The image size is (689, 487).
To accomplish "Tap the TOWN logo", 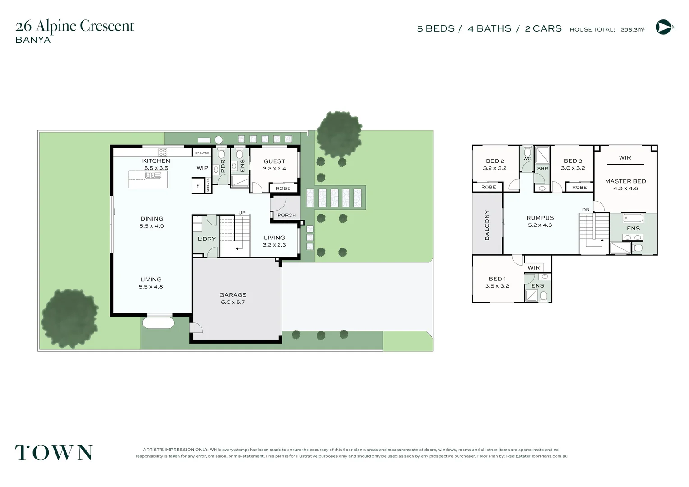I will click(54, 452).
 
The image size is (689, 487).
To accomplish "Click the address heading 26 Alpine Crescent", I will click(75, 26).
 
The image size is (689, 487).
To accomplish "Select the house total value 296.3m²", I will click(633, 30).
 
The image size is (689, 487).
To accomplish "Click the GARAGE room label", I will click(233, 295).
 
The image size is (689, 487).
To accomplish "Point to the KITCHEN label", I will click(156, 161).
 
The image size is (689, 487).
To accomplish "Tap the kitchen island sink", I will click(153, 175).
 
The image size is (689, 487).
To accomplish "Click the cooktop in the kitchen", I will click(163, 152).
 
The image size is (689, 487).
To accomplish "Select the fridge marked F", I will click(198, 186).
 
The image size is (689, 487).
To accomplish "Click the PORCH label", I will click(286, 215).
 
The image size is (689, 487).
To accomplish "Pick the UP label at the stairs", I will click(242, 213).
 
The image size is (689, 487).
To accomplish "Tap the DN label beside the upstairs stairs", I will click(586, 210).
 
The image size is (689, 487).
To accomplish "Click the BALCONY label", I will click(487, 225).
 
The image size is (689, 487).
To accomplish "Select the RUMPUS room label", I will click(540, 218).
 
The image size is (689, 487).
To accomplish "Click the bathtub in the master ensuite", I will click(633, 218).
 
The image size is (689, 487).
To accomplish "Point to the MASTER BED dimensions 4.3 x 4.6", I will click(625, 188).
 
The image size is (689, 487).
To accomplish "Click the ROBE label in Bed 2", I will click(488, 187).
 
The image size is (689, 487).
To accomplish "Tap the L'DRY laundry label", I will click(207, 239).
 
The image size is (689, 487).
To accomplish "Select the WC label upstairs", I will click(527, 159).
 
